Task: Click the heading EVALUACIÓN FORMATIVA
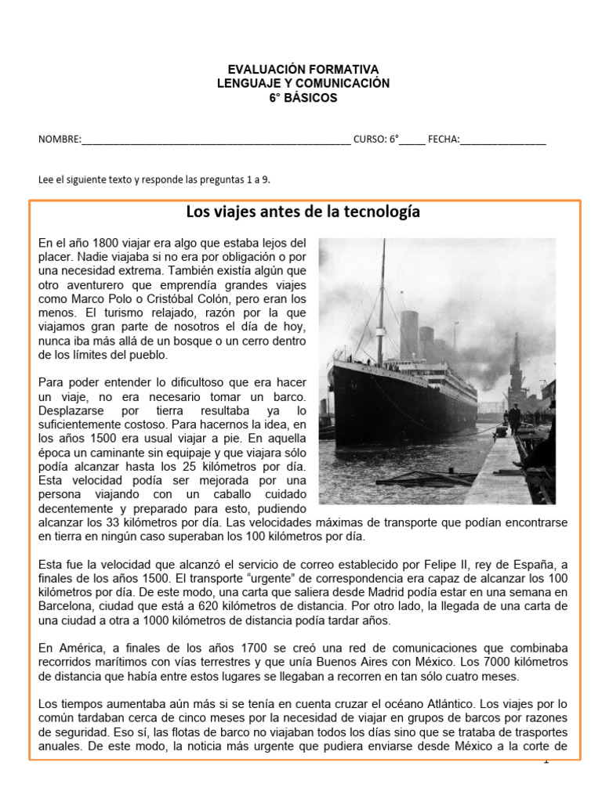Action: (302, 70)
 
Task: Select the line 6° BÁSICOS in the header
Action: (303, 98)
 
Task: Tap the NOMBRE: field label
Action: (60, 140)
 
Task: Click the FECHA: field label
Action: (444, 140)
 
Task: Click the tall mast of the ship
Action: (383, 298)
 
